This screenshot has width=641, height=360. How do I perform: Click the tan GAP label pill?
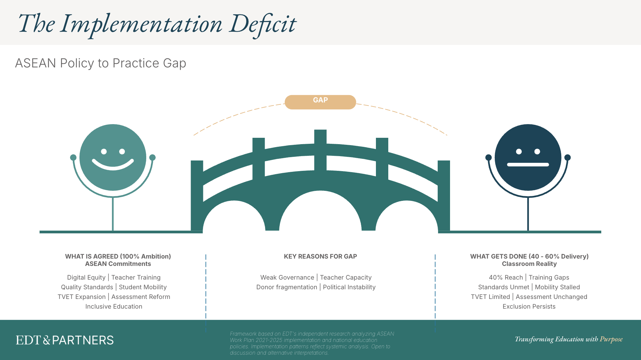coord(320,102)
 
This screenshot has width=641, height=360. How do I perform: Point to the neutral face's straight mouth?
coord(528,164)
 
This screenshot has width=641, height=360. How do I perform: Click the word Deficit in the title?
coord(263,24)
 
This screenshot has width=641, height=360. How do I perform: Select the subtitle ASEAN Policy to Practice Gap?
coord(100,63)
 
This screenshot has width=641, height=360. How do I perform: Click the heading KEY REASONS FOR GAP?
coord(320,256)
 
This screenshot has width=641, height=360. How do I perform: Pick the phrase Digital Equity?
coord(86,277)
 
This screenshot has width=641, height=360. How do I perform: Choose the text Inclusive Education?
coord(114,306)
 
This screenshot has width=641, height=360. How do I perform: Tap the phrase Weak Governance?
coord(287,277)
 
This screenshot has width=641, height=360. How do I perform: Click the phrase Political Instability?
coord(349,287)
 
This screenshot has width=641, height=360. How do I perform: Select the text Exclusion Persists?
coord(529,306)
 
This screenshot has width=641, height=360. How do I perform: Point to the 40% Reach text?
coord(506,277)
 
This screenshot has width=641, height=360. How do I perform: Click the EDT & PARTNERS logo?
coord(65,340)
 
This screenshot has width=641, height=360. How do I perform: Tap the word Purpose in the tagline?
coord(611,339)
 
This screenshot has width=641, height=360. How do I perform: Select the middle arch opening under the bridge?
coord(320,214)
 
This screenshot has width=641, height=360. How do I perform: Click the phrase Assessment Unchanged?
coord(551,297)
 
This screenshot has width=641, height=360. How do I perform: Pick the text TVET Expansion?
coord(81,297)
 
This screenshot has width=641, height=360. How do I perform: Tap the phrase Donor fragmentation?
coord(286,287)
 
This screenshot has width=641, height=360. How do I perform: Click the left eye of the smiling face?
coord(104,151)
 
